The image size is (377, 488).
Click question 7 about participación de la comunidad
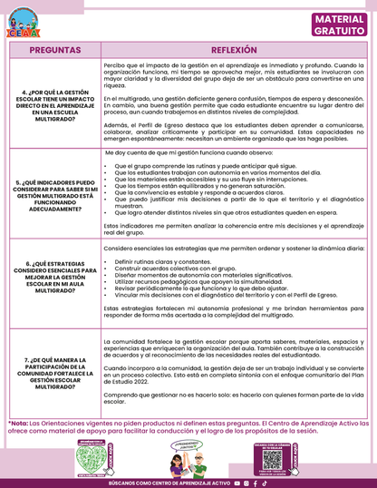[51, 372]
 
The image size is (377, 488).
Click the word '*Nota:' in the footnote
[17, 423]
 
